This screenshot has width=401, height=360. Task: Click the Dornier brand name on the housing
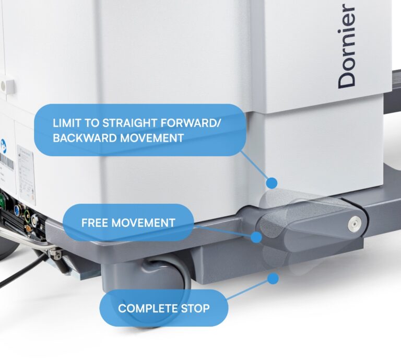(347, 47)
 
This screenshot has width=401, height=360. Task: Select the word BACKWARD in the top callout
(85, 138)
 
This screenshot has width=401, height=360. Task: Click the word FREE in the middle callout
(95, 223)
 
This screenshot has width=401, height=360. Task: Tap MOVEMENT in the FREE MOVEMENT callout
(144, 223)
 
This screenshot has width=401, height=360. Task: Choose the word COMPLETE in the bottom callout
(148, 308)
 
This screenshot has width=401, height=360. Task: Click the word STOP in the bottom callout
(195, 308)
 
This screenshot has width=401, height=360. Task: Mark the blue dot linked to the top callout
(272, 183)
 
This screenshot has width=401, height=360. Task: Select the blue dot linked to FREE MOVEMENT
(256, 237)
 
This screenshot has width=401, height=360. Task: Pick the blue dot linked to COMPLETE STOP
(273, 278)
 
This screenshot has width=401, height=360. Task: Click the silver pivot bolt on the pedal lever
(355, 223)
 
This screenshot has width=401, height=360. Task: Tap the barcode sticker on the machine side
(7, 161)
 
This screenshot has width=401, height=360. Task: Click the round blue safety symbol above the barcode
(3, 146)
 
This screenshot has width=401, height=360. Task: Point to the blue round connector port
(18, 209)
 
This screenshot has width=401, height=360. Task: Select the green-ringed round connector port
(27, 213)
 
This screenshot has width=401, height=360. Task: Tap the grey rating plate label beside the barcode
(26, 174)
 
